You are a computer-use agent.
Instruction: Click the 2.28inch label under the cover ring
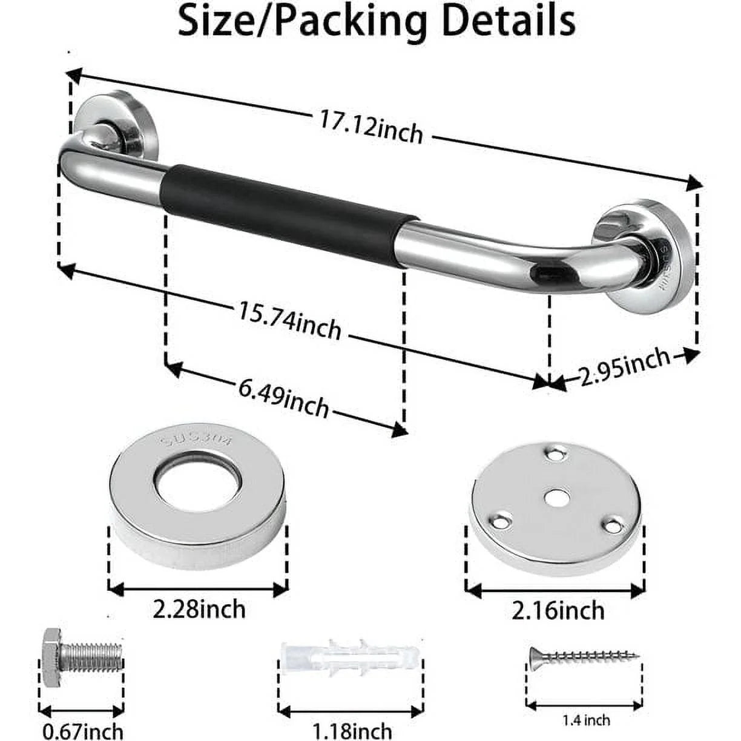coord(199,608)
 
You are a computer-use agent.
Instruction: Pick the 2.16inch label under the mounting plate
coord(558,610)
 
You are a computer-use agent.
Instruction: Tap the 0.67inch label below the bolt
coord(82,731)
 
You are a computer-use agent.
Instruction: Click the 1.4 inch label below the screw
coord(586,720)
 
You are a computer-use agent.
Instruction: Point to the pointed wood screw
coord(585,656)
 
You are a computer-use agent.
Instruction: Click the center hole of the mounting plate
coord(556,496)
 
